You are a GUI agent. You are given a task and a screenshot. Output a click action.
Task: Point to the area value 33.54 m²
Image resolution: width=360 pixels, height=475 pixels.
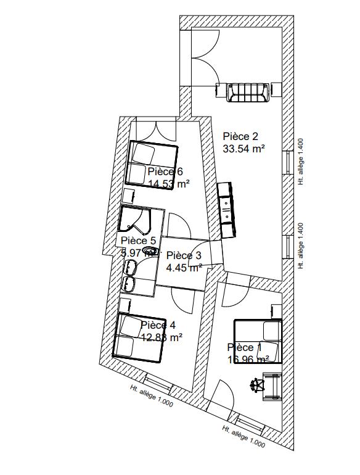pyautogui.click(x=243, y=149)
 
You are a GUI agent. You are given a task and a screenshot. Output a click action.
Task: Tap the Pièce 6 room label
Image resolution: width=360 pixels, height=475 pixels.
pyautogui.click(x=165, y=171)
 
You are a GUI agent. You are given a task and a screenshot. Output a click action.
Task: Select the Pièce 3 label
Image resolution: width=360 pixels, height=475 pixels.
pyautogui.click(x=184, y=255)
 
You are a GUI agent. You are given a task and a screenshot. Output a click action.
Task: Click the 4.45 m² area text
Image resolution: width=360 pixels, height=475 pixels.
pyautogui.click(x=184, y=267)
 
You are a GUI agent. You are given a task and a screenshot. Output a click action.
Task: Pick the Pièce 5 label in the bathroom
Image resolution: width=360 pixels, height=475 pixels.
pyautogui.click(x=138, y=241)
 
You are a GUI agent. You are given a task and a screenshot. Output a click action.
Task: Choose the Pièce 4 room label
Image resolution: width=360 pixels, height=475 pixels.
pyautogui.click(x=158, y=325)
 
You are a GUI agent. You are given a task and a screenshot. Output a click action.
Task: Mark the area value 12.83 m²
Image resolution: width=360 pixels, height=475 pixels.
pyautogui.click(x=162, y=337)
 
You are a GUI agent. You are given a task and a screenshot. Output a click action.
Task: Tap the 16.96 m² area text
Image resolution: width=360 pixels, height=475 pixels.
pyautogui.click(x=248, y=359)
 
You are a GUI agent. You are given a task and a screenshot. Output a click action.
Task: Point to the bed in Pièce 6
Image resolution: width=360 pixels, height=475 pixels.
pyautogui.click(x=151, y=163)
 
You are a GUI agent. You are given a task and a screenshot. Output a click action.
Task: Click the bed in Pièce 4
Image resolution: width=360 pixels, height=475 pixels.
pyautogui.click(x=139, y=336)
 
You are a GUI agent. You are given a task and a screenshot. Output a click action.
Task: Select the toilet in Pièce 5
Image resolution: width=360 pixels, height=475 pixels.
pyautogui.click(x=149, y=251)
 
